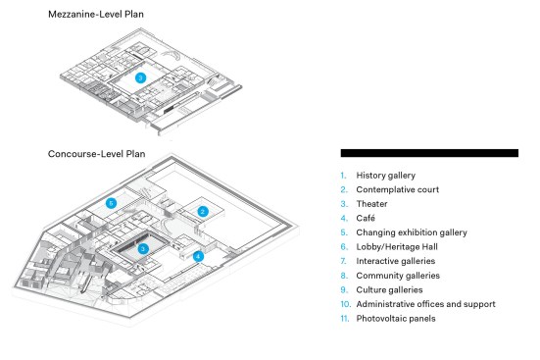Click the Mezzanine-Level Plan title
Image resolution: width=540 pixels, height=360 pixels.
point(96,14)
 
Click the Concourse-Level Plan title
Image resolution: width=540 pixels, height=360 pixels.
point(96,154)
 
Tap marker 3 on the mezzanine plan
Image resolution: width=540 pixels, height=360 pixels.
point(140,77)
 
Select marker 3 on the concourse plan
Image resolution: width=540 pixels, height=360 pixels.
point(143,248)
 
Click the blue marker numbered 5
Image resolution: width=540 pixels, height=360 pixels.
point(111,203)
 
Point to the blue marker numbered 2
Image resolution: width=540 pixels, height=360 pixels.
point(203,211)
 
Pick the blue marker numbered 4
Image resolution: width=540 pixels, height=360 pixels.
point(198,257)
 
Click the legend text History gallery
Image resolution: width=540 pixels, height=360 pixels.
point(386,176)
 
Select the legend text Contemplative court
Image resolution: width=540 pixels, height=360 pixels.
point(398,189)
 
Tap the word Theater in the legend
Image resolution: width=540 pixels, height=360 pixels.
point(371,204)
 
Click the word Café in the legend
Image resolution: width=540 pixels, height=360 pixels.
point(366,218)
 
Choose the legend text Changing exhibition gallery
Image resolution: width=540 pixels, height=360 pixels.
point(412,232)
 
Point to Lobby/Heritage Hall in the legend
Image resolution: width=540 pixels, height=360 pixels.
point(397,247)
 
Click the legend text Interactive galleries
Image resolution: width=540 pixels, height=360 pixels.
point(396,261)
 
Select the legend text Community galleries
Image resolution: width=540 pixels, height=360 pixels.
point(398,276)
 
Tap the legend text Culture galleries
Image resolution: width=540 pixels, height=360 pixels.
point(389,290)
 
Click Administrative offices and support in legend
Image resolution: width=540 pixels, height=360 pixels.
point(425,304)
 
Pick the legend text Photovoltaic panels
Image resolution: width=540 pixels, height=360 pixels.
point(396,319)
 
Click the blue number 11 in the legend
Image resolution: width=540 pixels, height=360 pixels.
point(345,319)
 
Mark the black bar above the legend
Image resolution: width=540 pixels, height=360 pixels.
point(429,153)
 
